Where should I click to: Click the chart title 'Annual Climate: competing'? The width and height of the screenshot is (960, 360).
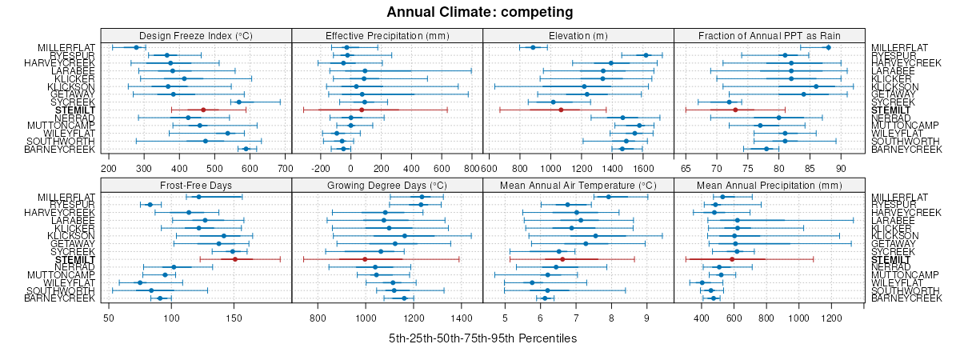tap(480, 12)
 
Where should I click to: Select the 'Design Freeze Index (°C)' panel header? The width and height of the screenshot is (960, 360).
tap(196, 35)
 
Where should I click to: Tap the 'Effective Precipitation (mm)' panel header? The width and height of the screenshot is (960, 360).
tap(387, 35)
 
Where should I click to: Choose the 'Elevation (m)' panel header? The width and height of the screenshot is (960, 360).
tap(578, 35)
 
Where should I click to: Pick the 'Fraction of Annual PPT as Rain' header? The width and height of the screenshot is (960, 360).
tap(770, 35)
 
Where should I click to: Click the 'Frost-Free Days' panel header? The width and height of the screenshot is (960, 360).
tap(196, 185)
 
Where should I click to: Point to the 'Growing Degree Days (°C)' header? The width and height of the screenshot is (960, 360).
tap(387, 185)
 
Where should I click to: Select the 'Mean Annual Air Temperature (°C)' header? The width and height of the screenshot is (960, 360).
tap(578, 185)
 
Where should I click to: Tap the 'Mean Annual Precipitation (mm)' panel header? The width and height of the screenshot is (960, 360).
tap(770, 185)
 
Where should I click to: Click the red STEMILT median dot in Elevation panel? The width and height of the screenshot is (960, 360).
tap(561, 110)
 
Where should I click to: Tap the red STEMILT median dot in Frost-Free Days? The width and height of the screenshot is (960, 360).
tap(235, 259)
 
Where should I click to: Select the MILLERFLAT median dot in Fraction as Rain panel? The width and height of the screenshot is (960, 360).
tap(828, 47)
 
